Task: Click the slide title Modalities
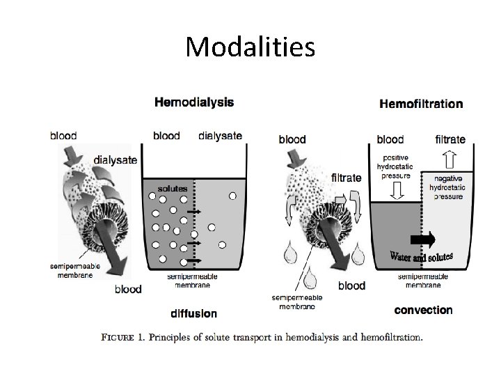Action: point(250,47)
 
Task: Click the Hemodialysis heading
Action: point(193,102)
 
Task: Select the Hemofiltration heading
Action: point(420,104)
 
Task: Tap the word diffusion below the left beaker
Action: point(193,313)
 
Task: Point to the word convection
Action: point(422,309)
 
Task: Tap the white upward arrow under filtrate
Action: point(451,162)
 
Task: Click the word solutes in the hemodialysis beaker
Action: point(171,188)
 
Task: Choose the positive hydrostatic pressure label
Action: point(395,168)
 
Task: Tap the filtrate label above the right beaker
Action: point(450,139)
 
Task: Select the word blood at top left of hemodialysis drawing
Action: point(63,136)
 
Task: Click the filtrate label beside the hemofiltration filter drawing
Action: point(347,178)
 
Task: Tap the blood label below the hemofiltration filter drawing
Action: point(351,285)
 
